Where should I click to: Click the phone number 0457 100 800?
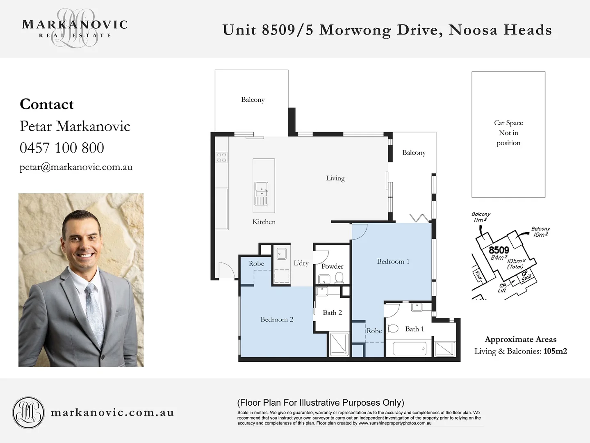(62, 148)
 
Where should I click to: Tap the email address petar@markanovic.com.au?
(76, 167)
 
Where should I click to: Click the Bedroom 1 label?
(393, 262)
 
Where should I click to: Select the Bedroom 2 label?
(277, 320)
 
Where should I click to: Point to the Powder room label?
(332, 266)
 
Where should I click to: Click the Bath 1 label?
(415, 329)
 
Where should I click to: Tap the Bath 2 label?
(332, 313)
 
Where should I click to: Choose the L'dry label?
(301, 263)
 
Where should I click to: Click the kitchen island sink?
(261, 188)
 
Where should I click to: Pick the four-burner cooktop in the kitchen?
(221, 158)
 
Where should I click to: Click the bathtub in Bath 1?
(410, 349)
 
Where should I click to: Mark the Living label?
(335, 178)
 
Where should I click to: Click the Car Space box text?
(508, 133)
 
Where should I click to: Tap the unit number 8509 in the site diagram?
(499, 250)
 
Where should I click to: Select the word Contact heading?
(47, 104)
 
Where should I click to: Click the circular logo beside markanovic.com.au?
(28, 413)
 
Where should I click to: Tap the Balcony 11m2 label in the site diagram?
(481, 217)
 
